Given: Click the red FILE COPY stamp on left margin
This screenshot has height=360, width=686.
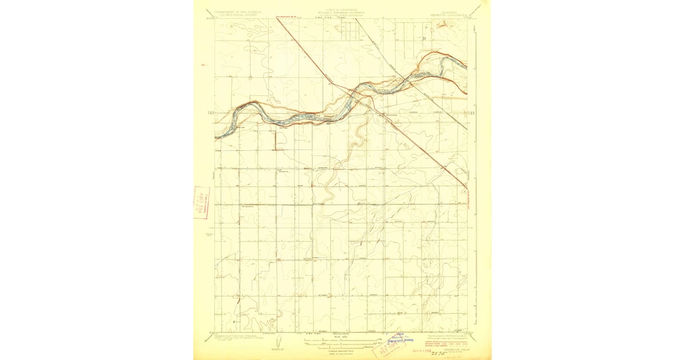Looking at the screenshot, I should pyautogui.click(x=202, y=203).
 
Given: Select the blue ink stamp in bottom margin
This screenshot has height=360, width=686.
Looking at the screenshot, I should pyautogui.click(x=398, y=339).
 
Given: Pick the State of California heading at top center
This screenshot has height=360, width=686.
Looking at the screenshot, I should pyautogui.click(x=343, y=11).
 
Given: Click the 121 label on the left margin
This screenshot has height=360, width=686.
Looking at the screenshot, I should pyautogui.click(x=209, y=114).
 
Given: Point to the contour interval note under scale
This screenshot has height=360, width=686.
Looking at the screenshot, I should pyautogui.click(x=341, y=350).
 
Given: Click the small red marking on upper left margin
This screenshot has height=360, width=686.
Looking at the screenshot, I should pyautogui.click(x=204, y=65).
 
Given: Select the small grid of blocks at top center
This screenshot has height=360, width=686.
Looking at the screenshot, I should pyautogui.click(x=350, y=31).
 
